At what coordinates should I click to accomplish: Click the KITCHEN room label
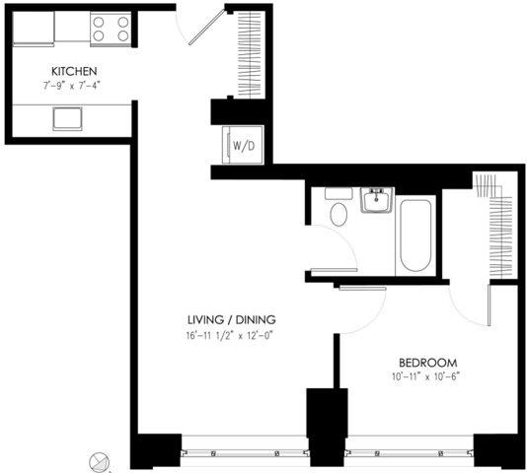click(x=74, y=71)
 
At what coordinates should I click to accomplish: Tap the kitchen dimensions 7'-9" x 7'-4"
click(x=72, y=86)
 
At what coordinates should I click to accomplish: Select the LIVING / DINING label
click(x=232, y=319)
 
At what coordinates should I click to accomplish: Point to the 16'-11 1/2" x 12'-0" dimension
click(x=229, y=336)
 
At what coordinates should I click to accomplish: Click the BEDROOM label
click(x=428, y=363)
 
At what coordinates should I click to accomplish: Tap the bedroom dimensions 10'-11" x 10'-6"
click(x=425, y=376)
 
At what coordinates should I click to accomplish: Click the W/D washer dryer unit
click(x=243, y=145)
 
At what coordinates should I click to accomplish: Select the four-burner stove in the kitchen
click(x=111, y=29)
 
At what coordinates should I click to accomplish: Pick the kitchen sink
click(x=67, y=119)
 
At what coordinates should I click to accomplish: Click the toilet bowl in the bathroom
click(x=339, y=214)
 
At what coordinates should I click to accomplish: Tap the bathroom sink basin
click(x=376, y=200)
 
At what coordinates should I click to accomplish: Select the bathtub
click(x=415, y=236)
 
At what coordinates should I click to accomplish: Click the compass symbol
click(x=100, y=462)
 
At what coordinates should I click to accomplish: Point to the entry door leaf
click(x=206, y=28)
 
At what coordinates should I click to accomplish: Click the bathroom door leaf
click(x=334, y=270)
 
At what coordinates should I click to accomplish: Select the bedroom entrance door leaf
click(x=362, y=288)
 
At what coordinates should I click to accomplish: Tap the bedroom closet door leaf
click(x=489, y=305)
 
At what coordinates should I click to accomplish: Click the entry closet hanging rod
click(x=250, y=55)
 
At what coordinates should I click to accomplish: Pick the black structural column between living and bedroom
click(x=327, y=427)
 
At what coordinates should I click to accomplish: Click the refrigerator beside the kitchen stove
click(x=34, y=29)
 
